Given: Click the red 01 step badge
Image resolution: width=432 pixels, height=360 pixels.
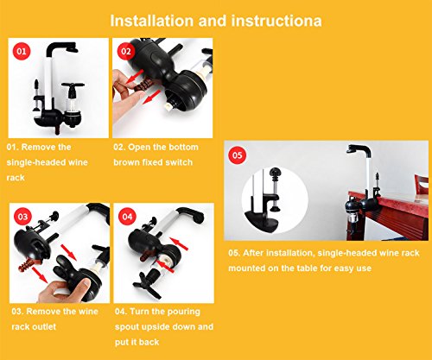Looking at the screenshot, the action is click(22, 51).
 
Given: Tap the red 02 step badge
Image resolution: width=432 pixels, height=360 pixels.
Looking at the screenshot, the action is click(126, 51).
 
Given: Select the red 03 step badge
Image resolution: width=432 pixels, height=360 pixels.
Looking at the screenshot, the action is click(22, 217).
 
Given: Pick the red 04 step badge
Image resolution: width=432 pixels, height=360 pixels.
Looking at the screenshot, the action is click(127, 217).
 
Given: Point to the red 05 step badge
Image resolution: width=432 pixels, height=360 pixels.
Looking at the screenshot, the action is click(237, 155).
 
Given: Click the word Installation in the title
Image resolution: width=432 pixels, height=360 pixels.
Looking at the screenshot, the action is click(152, 21).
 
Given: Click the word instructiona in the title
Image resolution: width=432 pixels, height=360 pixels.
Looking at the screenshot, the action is click(276, 21).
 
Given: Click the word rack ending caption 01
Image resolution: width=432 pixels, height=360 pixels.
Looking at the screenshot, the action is click(16, 178).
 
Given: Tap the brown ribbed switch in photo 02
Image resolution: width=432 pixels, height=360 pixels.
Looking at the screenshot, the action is click(143, 85).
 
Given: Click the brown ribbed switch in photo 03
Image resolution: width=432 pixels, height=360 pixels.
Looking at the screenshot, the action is click(29, 264).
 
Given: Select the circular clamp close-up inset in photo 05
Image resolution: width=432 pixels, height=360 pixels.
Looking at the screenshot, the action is click(275, 200).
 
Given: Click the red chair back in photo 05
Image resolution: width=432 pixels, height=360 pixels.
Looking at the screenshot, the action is click(422, 185).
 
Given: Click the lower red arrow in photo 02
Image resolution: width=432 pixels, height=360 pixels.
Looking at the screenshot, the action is click(151, 98).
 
